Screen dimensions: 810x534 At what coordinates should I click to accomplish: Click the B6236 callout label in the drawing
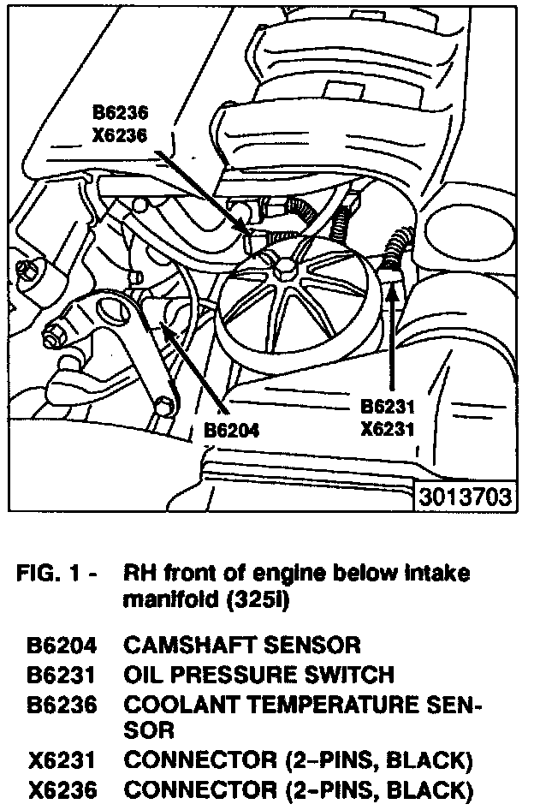(121, 113)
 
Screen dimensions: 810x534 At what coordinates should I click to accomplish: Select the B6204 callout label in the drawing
(232, 429)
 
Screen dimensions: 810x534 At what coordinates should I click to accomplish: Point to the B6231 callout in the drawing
(387, 406)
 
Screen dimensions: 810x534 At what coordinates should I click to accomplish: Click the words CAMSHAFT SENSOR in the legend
(242, 644)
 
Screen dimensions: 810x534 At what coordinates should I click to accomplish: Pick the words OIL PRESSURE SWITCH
(259, 674)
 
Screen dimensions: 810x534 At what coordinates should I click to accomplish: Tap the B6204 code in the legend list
(61, 644)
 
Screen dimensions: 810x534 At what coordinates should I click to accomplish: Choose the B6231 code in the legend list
(61, 674)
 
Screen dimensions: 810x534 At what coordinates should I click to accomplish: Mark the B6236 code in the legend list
(61, 704)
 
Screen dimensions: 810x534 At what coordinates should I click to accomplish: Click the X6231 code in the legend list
(61, 759)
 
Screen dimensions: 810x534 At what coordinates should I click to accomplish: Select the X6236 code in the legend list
(61, 789)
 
